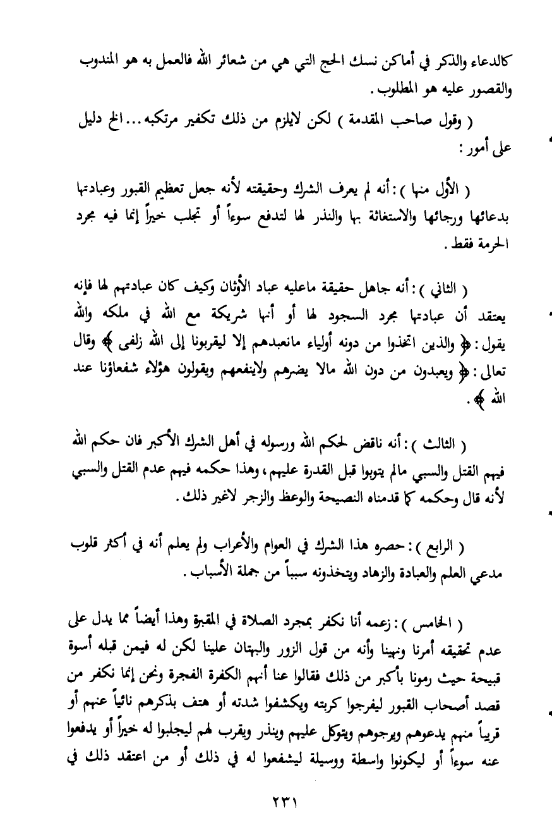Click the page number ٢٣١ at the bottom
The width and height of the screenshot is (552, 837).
(x=277, y=800)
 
